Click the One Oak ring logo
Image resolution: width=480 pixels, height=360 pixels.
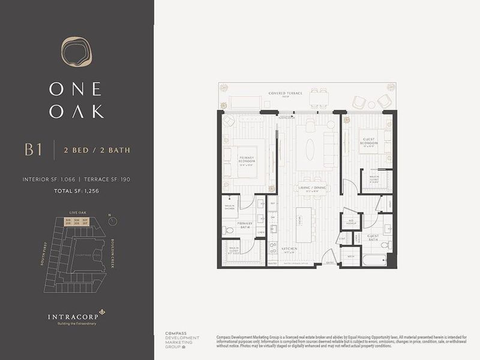click(77, 52)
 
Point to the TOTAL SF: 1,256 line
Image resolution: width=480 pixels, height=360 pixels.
click(77, 190)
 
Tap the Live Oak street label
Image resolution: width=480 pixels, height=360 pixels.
click(79, 212)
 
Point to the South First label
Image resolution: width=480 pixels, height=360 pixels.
click(44, 256)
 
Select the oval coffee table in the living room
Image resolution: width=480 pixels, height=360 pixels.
click(309, 149)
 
